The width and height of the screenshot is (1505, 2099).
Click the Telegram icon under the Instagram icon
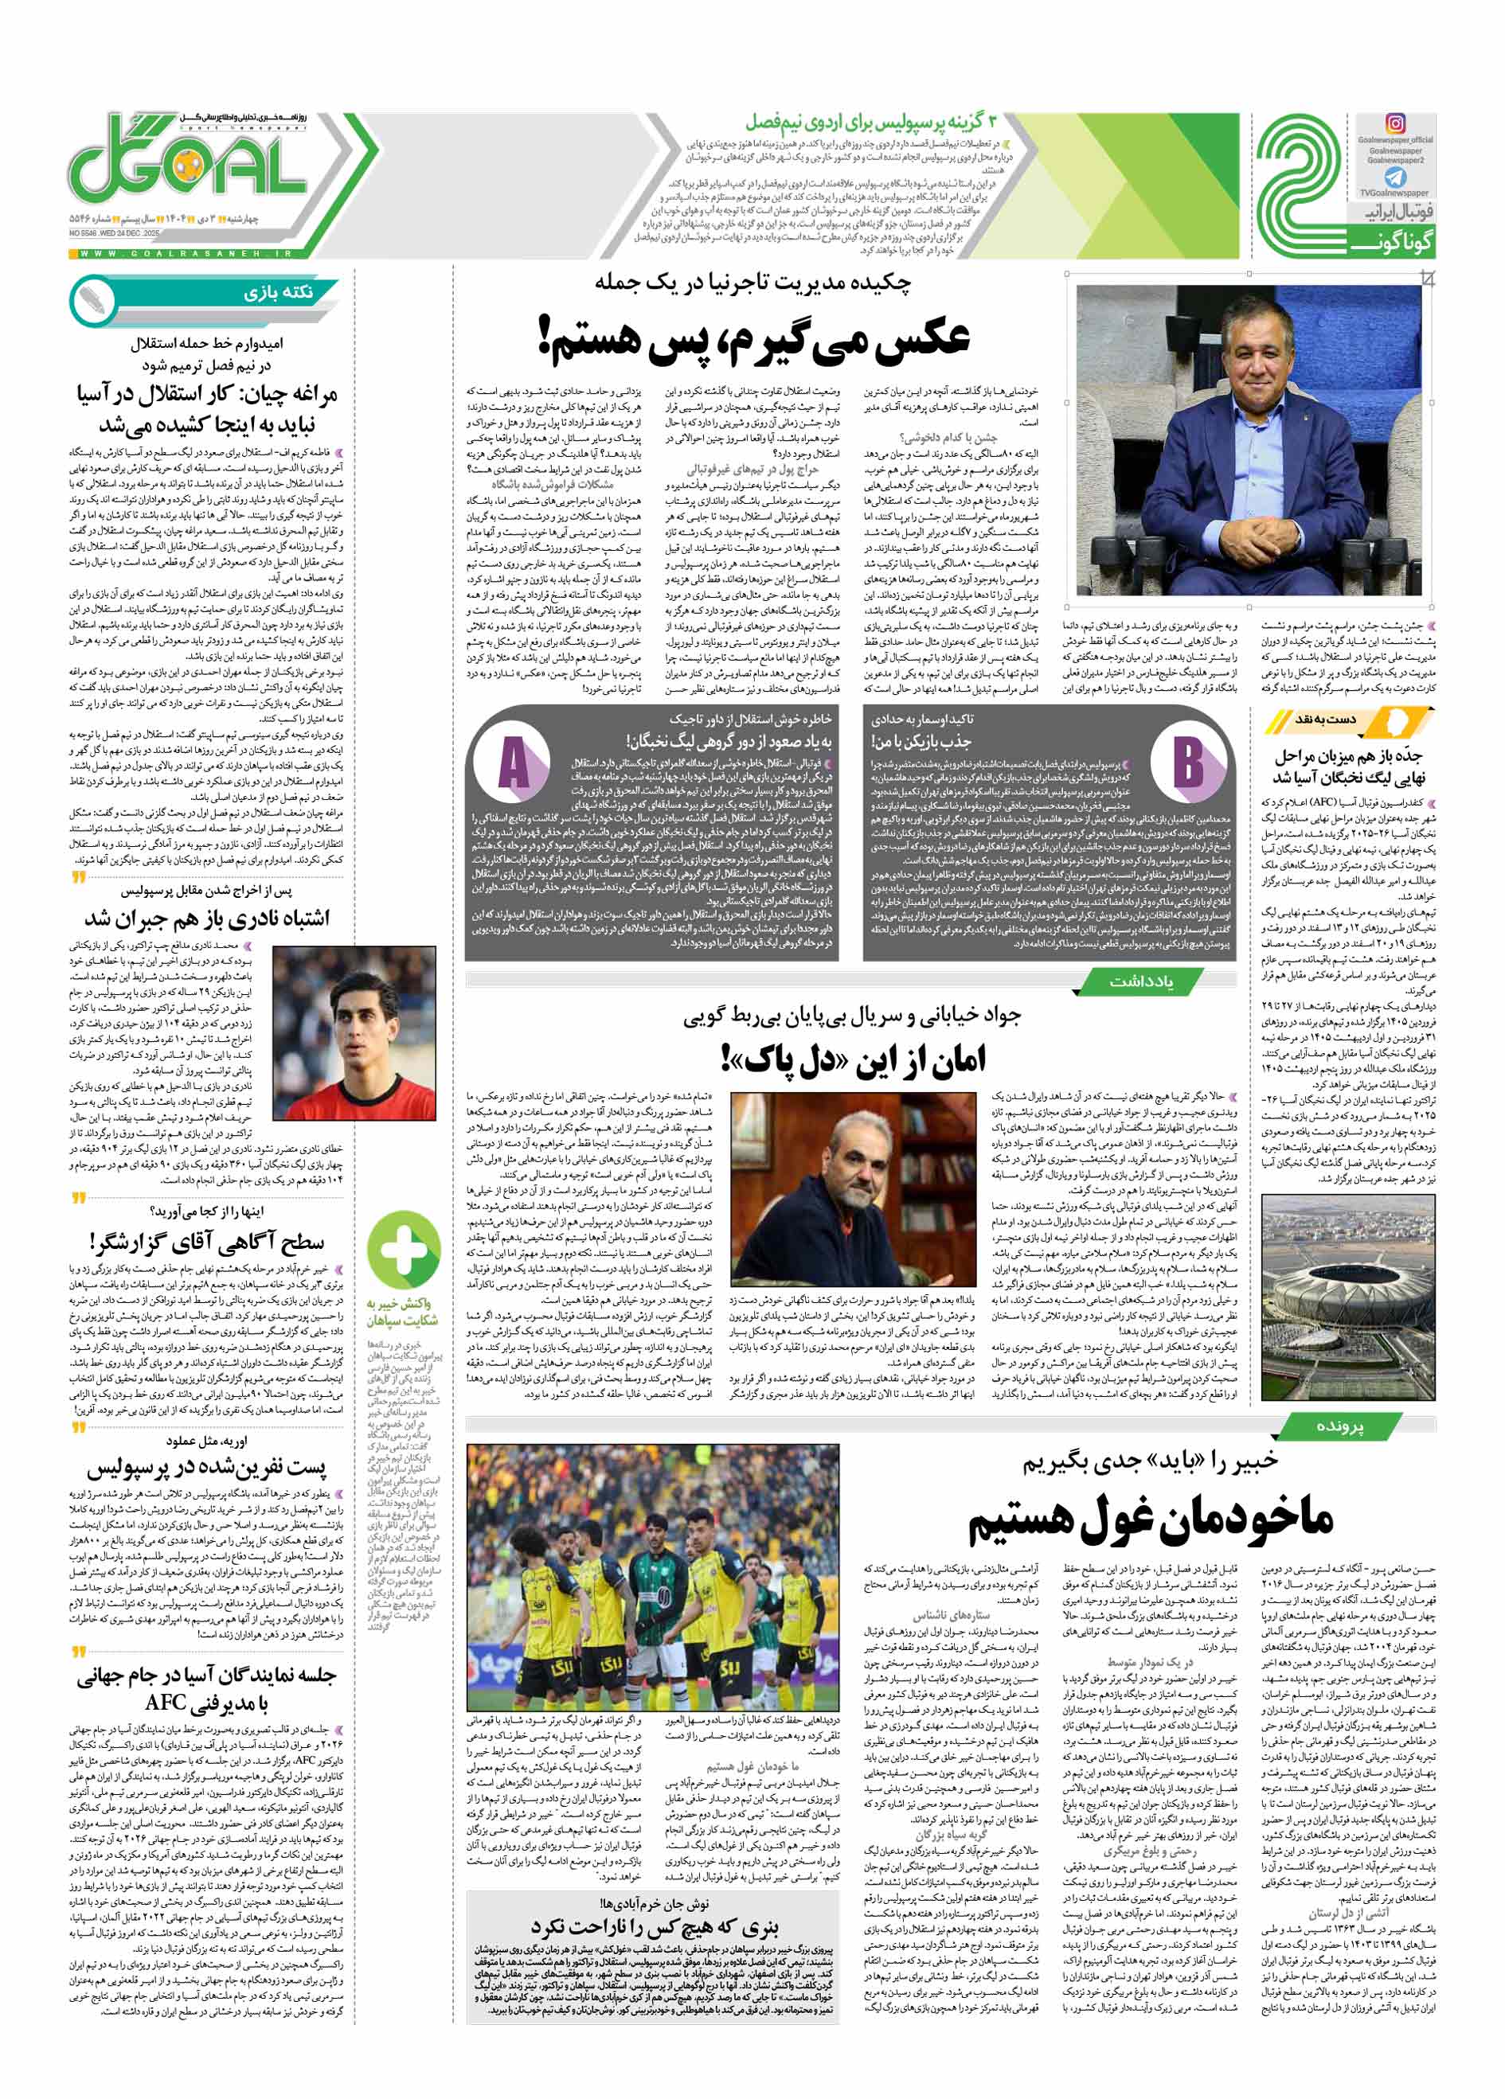coord(1395,177)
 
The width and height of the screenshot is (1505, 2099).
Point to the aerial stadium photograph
coord(1347,1299)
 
